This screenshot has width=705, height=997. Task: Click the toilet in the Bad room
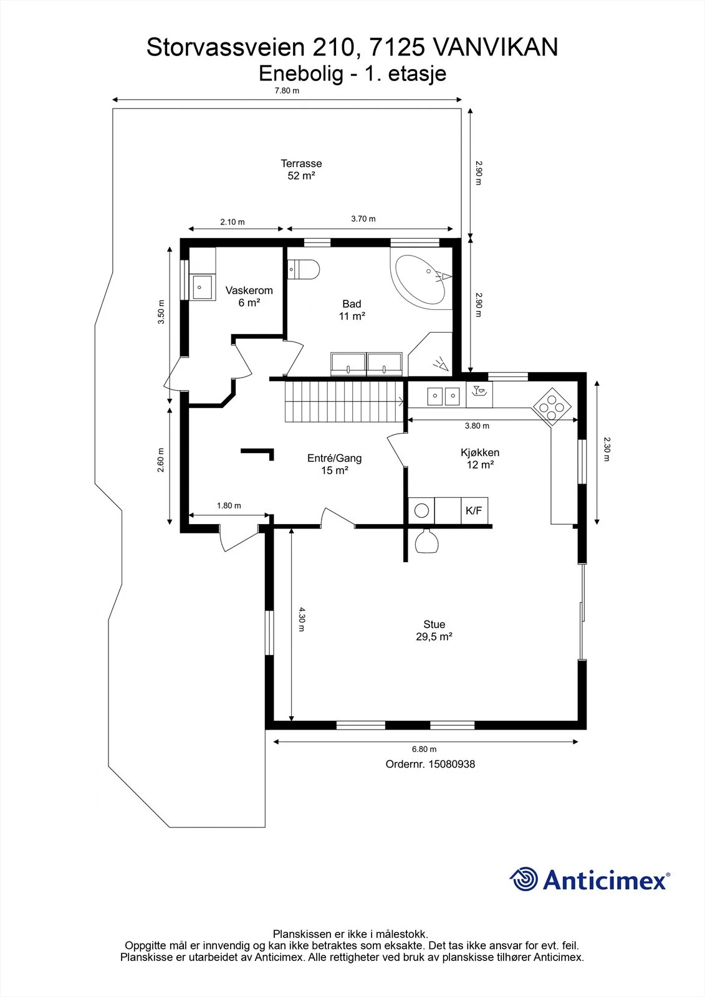304,269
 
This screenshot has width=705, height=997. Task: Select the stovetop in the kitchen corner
552,407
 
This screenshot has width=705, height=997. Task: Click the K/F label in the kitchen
474,510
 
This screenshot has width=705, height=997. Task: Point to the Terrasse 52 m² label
301,169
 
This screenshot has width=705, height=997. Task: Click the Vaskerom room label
249,290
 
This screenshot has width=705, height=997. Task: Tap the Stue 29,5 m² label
434,630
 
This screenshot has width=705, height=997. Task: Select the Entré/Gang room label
335,458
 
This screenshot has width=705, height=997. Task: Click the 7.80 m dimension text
287,91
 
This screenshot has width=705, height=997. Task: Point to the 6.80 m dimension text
424,749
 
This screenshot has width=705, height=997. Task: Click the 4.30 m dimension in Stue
302,619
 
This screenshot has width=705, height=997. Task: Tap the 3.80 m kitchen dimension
477,426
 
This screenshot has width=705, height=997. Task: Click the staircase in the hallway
345,402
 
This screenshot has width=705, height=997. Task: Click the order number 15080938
451,764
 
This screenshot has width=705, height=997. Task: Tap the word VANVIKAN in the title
495,47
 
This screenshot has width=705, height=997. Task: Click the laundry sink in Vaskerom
202,287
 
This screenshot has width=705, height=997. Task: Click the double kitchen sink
444,396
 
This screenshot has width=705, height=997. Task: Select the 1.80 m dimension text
229,505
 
